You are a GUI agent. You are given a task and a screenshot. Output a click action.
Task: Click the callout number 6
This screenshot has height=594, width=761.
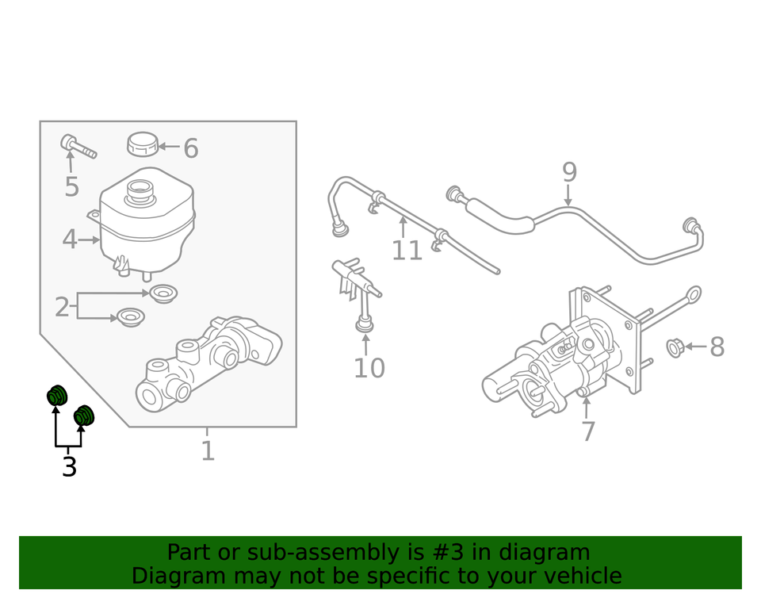190,148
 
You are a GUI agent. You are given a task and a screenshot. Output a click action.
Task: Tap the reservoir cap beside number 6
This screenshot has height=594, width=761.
142,144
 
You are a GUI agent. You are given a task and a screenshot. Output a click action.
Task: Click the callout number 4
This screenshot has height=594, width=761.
70,239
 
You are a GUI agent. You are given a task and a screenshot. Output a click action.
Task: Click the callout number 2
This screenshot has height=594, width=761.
62,307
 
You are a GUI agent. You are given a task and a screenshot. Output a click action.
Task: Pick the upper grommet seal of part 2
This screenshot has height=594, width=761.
163,293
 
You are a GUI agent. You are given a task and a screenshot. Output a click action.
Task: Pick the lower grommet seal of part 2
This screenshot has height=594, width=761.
130,317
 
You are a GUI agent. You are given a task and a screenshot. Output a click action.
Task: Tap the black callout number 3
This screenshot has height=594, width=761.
69,467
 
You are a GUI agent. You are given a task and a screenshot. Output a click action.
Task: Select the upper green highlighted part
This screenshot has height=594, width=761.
57,394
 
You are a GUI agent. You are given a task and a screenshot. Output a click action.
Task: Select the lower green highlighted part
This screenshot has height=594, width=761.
84,416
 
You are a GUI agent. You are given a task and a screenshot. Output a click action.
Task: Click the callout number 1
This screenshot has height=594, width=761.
207,450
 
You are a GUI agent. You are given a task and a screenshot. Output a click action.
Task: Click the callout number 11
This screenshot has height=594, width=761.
407,251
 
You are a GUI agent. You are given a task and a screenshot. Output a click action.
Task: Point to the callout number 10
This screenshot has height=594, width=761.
369,368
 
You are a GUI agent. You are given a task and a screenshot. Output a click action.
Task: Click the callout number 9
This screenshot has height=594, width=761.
569,172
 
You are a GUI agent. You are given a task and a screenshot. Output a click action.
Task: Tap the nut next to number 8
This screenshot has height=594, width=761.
675,347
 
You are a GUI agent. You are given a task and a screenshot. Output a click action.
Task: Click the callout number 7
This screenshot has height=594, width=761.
587,432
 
